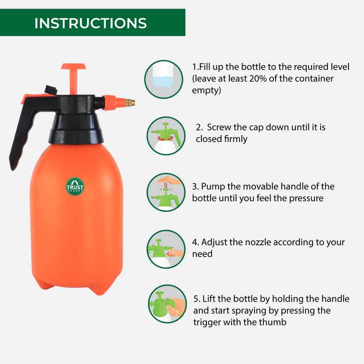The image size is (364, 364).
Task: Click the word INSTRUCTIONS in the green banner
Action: [x=91, y=23]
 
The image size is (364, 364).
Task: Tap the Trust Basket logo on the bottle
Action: [x=75, y=186]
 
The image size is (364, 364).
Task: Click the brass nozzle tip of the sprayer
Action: [x=132, y=103]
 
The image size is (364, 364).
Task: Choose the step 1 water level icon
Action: [x=164, y=79]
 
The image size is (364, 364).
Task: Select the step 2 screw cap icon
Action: [x=166, y=136]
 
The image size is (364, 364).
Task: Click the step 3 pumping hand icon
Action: [x=166, y=192]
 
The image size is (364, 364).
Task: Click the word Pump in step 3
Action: [x=212, y=187]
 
